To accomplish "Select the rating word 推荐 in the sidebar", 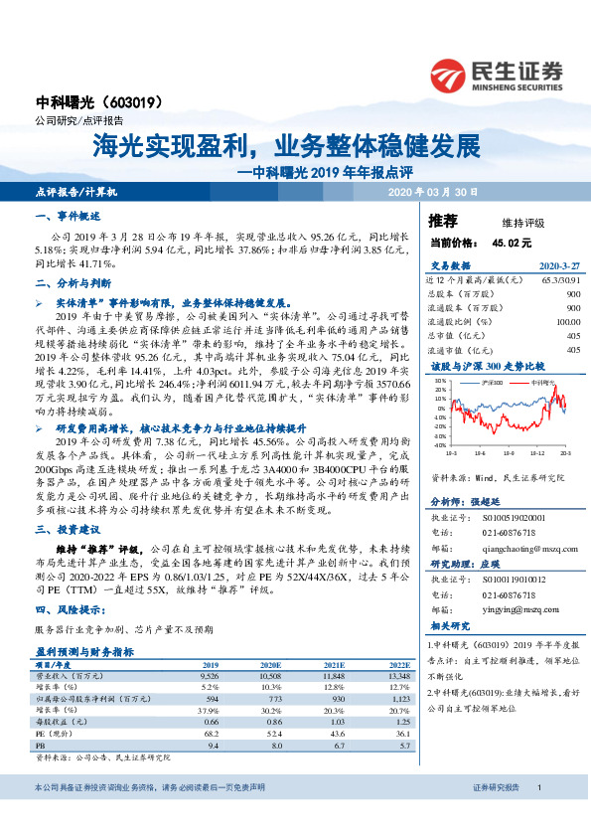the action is [x=442, y=220].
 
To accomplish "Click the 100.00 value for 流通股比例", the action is [x=567, y=322].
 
